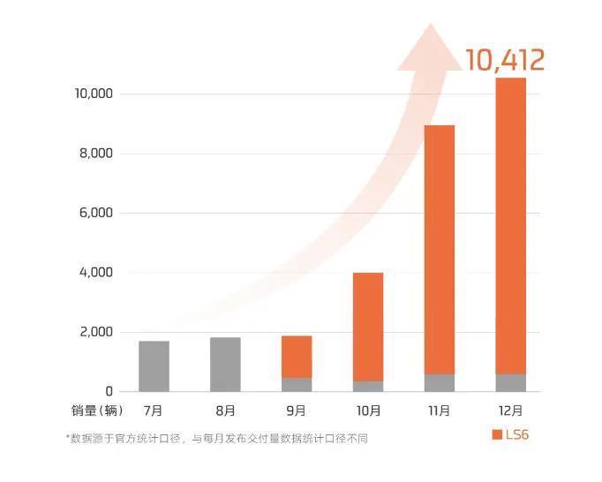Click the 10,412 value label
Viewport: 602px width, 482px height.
click(x=505, y=60)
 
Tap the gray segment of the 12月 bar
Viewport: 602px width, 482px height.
click(x=511, y=382)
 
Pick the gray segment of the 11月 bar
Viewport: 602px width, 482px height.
click(x=440, y=382)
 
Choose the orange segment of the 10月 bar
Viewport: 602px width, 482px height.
click(x=368, y=327)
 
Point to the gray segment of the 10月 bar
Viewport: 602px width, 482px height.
click(x=368, y=386)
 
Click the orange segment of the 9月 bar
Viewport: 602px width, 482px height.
click(x=297, y=357)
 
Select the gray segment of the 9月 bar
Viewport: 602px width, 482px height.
click(x=297, y=384)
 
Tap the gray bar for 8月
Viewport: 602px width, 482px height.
click(x=225, y=364)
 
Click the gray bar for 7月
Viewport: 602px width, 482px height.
click(x=154, y=365)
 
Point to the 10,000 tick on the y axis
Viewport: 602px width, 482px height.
click(x=93, y=94)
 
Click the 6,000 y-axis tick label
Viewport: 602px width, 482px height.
click(x=96, y=213)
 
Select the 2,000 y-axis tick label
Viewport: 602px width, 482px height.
click(x=96, y=332)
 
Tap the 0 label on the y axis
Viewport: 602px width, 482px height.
click(x=108, y=391)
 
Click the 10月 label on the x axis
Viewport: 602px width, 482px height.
click(x=368, y=410)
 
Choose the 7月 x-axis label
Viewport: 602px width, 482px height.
click(x=154, y=410)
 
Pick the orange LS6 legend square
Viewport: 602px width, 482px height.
click(x=496, y=434)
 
